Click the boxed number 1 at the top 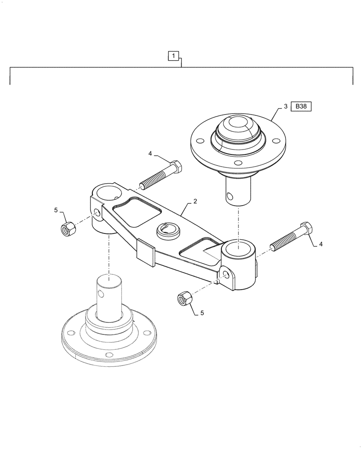point(174,56)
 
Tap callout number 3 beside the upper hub point(285,107)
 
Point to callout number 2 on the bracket point(195,202)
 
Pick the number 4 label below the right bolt point(320,244)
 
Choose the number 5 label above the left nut point(56,210)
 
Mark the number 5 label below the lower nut point(202,313)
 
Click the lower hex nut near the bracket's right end point(184,297)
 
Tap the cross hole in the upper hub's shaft point(230,195)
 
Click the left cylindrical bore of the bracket point(106,194)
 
